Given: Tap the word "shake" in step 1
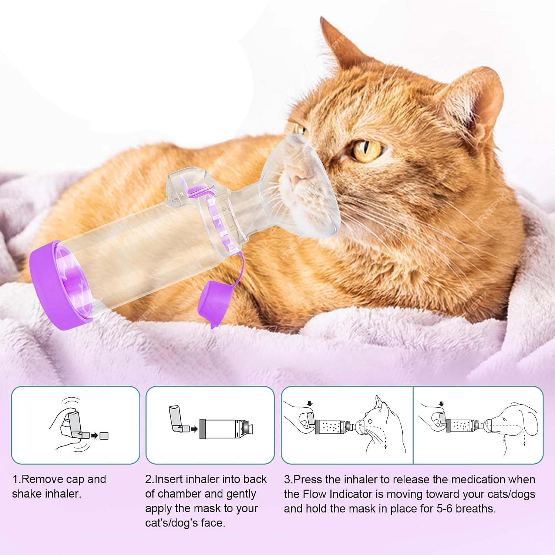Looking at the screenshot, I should pos(27,494).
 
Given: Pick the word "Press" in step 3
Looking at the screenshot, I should pos(305,479).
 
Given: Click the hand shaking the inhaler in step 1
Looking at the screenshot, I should pos(67,425).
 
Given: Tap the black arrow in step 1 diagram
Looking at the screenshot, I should pos(94,436).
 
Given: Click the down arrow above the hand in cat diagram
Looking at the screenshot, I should pos(310,403).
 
